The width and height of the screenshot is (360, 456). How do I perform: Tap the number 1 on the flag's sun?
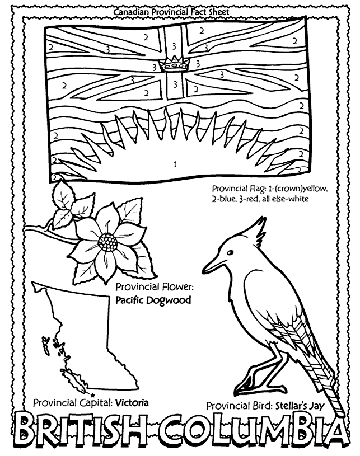click(x=175, y=164)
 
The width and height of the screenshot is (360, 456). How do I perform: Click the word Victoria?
click(x=133, y=402)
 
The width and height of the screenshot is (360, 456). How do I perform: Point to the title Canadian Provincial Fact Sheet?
click(x=171, y=11)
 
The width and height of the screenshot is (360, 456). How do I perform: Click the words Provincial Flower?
click(x=155, y=287)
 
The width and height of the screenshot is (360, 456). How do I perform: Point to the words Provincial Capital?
click(x=73, y=402)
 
